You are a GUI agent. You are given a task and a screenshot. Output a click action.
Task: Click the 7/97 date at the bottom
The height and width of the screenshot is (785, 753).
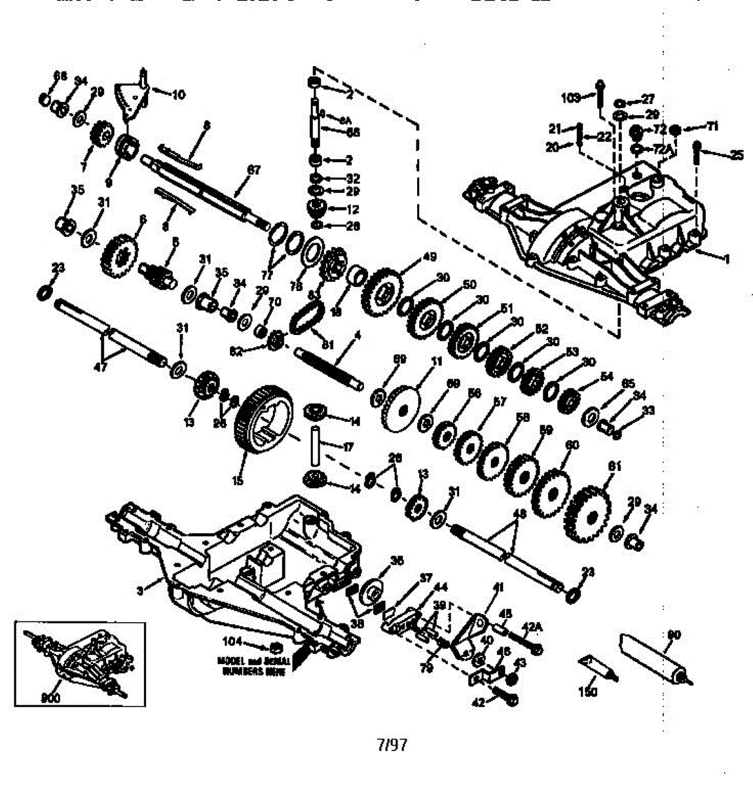[392, 744]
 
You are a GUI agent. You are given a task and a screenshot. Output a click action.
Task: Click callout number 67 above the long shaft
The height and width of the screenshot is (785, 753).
[253, 170]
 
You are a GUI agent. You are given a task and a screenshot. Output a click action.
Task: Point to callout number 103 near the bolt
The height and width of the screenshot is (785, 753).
[571, 98]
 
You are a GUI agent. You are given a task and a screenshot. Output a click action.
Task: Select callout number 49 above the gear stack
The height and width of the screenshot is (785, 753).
[429, 256]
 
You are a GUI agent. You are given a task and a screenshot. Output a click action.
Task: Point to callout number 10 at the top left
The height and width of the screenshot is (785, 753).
[178, 95]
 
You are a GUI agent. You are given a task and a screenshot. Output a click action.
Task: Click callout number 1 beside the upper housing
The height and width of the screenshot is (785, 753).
[725, 258]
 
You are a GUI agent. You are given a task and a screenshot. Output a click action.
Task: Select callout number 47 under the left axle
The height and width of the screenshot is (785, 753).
[100, 368]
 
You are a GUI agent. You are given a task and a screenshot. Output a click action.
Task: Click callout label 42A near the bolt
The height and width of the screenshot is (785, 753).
[534, 626]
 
